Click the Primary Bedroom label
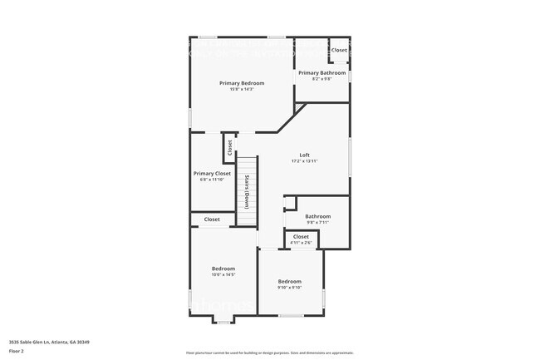tap(242, 83)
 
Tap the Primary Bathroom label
tap(322, 73)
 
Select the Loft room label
tap(305, 155)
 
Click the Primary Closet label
tap(212, 173)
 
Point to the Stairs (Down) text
tap(247, 192)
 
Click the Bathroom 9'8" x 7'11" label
tap(318, 216)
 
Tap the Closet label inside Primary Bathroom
tap(340, 50)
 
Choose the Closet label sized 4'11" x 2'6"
tap(301, 236)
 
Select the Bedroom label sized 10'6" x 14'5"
tap(223, 269)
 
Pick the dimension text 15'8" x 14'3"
tap(242, 89)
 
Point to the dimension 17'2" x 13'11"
tap(305, 161)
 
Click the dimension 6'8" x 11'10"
tap(212, 179)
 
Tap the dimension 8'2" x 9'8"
tap(322, 79)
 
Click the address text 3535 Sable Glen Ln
tap(49, 342)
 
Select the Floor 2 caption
tap(17, 351)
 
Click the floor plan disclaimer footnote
tap(270, 353)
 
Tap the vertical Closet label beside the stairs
tap(230, 148)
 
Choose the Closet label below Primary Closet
tap(212, 219)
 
